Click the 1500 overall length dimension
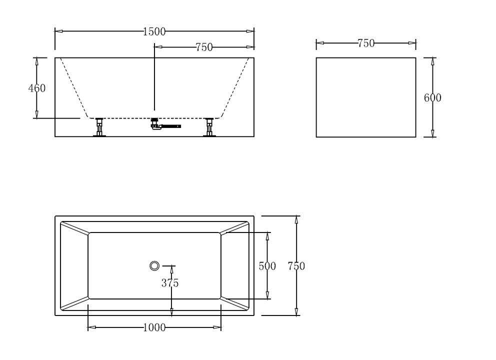(x=154, y=31)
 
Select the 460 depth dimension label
(x=36, y=88)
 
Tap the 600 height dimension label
(x=432, y=98)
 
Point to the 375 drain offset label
(x=170, y=283)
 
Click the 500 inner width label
(x=267, y=266)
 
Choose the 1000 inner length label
(x=154, y=328)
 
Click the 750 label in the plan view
(x=296, y=266)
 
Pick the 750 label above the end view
(x=366, y=43)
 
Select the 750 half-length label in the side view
(x=204, y=47)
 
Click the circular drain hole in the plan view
(x=154, y=265)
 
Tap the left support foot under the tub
(x=99, y=127)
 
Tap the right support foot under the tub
(x=209, y=127)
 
